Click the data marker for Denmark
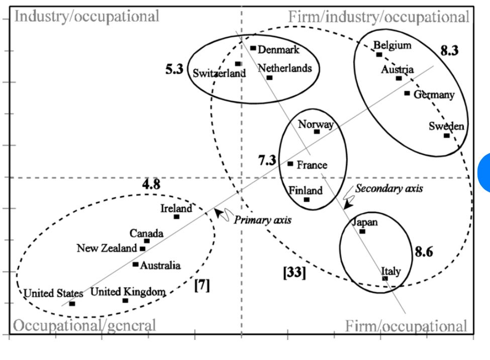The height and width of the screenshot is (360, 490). pyautogui.click(x=253, y=48)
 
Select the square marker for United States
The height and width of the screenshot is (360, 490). pyautogui.click(x=72, y=303)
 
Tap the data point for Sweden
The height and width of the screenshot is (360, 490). pyautogui.click(x=447, y=136)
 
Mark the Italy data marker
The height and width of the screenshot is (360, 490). pyautogui.click(x=385, y=278)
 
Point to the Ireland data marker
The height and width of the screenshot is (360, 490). pyautogui.click(x=176, y=217)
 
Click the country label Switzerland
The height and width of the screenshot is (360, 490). pyautogui.click(x=220, y=73)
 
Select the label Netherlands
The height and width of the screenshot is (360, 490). pyautogui.click(x=284, y=68)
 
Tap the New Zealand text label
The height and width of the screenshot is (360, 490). pyautogui.click(x=107, y=248)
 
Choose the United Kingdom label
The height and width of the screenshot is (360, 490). pyautogui.click(x=128, y=292)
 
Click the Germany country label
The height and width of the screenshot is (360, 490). pyautogui.click(x=434, y=94)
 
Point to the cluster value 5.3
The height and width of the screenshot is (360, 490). pyautogui.click(x=174, y=69)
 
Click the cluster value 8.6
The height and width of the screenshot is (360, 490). pyautogui.click(x=424, y=252)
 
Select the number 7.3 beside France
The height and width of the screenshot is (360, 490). pyautogui.click(x=267, y=160)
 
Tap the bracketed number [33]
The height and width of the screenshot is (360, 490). pyautogui.click(x=295, y=272)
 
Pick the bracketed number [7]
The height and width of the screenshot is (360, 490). pyautogui.click(x=202, y=285)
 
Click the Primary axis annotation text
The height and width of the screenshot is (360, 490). pyautogui.click(x=262, y=220)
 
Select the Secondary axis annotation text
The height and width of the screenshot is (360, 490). pyautogui.click(x=389, y=188)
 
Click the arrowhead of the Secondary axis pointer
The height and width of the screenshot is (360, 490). pyautogui.click(x=347, y=205)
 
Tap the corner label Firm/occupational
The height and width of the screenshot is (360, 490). pyautogui.click(x=406, y=326)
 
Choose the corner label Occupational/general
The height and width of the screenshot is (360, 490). pyautogui.click(x=84, y=325)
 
